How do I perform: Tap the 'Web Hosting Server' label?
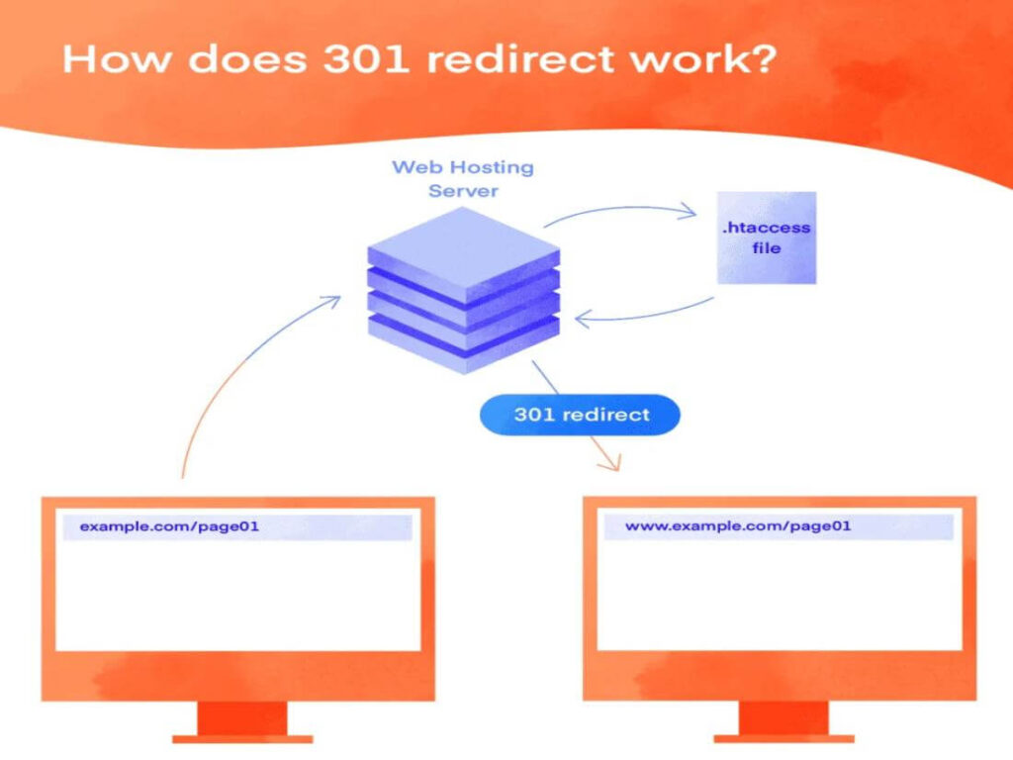pyautogui.click(x=462, y=178)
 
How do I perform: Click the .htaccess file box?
pyautogui.click(x=767, y=237)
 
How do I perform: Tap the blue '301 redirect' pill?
pyautogui.click(x=581, y=415)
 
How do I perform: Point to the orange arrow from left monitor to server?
pyautogui.click(x=228, y=376)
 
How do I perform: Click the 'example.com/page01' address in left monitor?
pyautogui.click(x=169, y=527)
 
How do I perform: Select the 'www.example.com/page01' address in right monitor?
pyautogui.click(x=738, y=526)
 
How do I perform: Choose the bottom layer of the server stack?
pyautogui.click(x=463, y=341)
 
